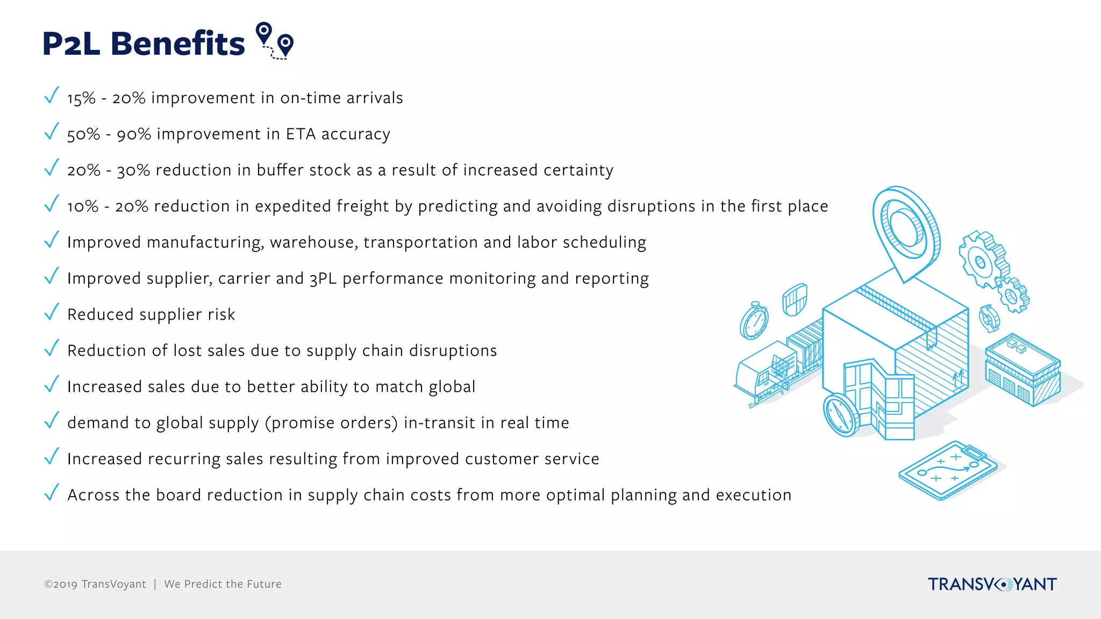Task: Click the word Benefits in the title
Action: point(177,44)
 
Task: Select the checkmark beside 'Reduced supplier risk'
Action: point(52,312)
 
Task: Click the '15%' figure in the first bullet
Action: point(81,98)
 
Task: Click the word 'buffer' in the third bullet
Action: point(280,170)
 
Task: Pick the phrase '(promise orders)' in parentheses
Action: point(331,423)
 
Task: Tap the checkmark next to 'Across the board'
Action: point(52,493)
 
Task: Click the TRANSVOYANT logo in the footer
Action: point(992,584)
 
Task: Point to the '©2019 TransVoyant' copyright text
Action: point(95,584)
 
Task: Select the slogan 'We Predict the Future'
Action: point(223,584)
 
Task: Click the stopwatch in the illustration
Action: point(754,321)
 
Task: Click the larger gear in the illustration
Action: point(981,260)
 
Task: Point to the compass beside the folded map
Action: point(841,415)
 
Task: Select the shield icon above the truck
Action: point(795,299)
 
